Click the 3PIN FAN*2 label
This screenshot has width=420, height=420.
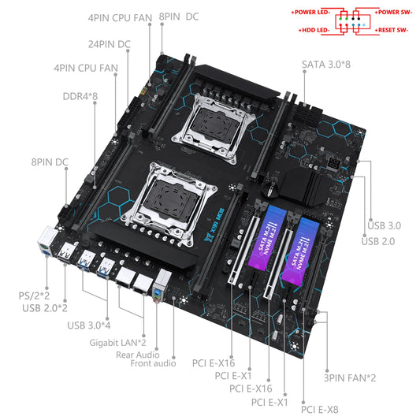(351, 377)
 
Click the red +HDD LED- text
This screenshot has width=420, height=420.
(315, 28)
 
